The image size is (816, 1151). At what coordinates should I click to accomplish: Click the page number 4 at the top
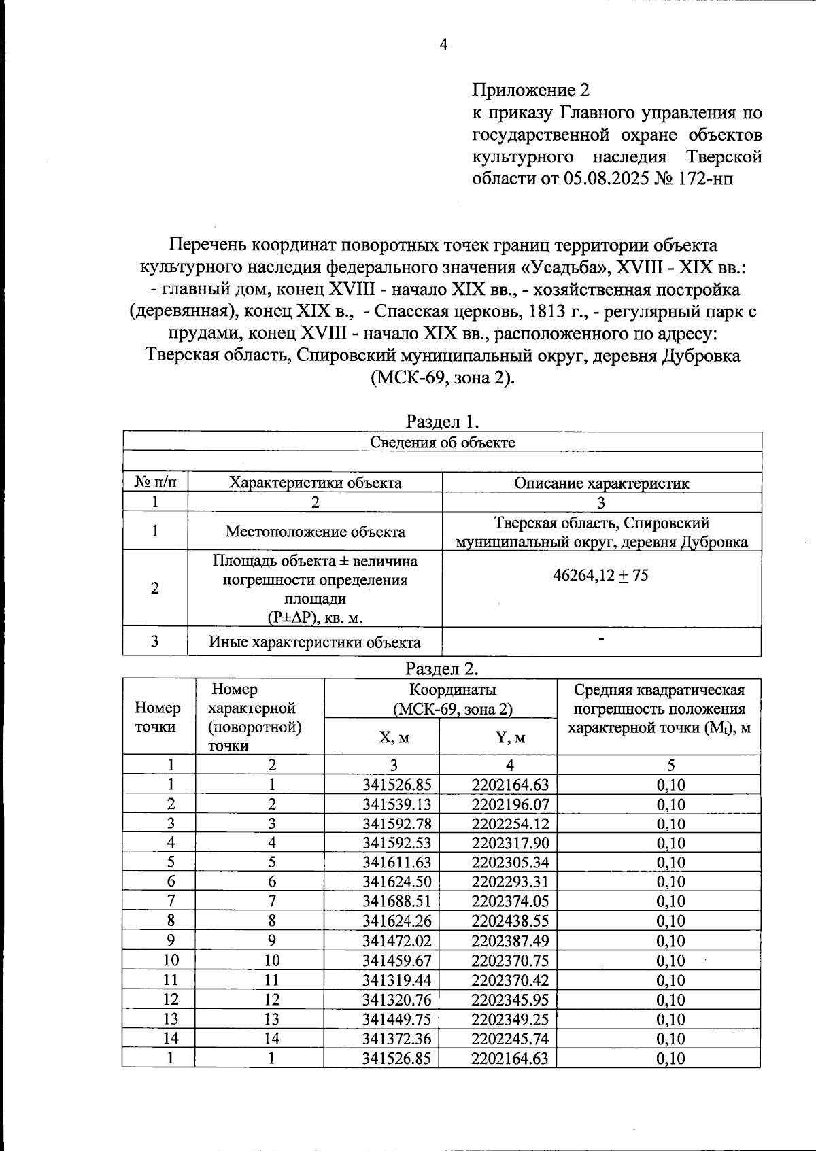click(443, 46)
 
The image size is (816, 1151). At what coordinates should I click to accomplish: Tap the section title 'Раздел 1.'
click(443, 422)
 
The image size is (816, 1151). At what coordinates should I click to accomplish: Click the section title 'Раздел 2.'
click(443, 668)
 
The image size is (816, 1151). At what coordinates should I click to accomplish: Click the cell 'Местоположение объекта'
click(315, 532)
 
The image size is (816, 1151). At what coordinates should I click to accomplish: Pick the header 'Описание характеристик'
click(601, 483)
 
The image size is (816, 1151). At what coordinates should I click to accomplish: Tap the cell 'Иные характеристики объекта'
click(314, 642)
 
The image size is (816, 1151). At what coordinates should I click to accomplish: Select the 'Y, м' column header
click(510, 737)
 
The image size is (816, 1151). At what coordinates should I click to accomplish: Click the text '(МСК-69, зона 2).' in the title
click(443, 378)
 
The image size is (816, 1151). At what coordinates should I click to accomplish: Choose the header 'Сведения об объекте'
click(443, 443)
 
